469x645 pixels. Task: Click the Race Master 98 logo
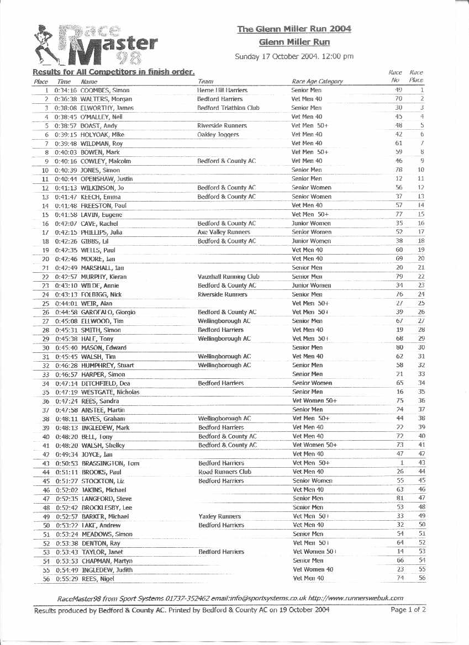[x=95, y=45]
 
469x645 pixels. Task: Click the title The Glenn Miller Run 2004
[x=294, y=29]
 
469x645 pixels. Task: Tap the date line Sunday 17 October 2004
[x=294, y=56]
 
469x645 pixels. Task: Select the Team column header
[x=205, y=82]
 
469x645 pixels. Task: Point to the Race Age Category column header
[x=317, y=82]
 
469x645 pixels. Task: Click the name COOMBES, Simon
[x=105, y=90]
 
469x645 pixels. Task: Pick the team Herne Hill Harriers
[x=222, y=90]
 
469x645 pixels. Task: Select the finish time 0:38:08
[x=66, y=108]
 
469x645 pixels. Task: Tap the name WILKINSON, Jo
[x=106, y=188]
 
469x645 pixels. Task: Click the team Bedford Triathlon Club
[x=228, y=108]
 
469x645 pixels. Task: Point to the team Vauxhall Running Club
[x=228, y=277]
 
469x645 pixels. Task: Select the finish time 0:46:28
[x=66, y=366]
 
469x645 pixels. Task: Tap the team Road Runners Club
[x=224, y=472]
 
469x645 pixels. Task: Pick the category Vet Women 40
[x=313, y=569]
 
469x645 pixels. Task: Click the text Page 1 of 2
[x=408, y=610]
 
